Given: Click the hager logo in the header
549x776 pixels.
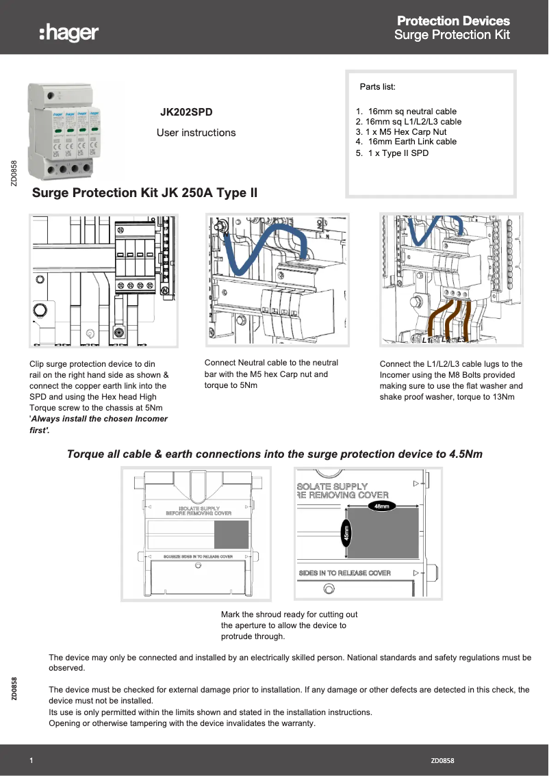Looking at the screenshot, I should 69,32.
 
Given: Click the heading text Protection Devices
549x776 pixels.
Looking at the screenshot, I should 453,21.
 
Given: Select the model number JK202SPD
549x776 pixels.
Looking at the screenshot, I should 186,111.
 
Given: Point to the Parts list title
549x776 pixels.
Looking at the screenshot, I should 378,87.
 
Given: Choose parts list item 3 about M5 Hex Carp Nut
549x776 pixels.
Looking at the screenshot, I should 401,131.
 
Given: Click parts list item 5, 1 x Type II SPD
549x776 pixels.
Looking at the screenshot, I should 392,153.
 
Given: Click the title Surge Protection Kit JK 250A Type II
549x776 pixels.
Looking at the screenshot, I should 145,193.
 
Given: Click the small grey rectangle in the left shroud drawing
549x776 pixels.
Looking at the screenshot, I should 231,534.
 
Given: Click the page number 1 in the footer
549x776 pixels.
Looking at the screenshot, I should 31,760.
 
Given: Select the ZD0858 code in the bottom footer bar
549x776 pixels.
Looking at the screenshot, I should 443,760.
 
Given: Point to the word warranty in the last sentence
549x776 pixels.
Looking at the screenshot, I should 296,723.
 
